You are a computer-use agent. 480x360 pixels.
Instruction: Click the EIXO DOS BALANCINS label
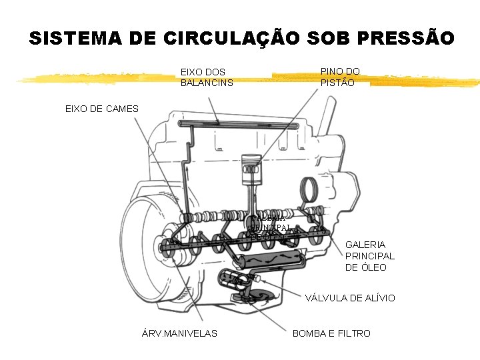(207, 77)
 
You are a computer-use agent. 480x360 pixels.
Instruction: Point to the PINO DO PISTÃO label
(340, 77)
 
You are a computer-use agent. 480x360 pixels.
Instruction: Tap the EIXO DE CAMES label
(101, 109)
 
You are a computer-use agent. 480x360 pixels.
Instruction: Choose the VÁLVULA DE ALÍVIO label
(350, 298)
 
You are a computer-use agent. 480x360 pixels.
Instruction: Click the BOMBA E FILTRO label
(331, 333)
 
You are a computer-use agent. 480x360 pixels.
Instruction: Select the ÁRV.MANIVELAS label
(179, 333)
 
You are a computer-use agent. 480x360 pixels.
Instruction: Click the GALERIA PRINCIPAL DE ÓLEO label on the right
(369, 256)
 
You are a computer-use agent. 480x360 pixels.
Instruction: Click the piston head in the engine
(249, 164)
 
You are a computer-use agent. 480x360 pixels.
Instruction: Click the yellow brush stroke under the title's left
(93, 79)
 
